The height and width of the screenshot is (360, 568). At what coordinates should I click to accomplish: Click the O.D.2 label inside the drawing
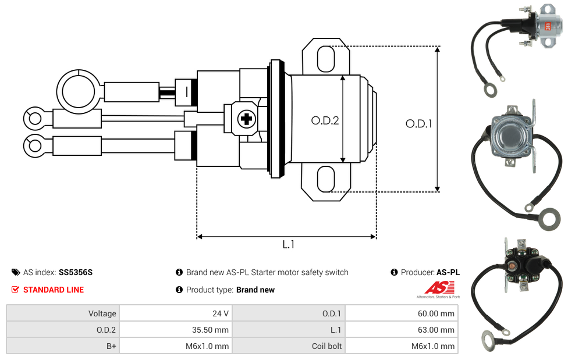[325, 120]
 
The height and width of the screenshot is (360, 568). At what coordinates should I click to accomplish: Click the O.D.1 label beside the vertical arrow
[419, 124]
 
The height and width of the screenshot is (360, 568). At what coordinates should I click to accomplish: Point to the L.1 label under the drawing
[288, 244]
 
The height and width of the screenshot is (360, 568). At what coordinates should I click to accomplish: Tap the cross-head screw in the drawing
[247, 119]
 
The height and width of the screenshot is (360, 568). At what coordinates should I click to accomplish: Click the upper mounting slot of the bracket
[326, 59]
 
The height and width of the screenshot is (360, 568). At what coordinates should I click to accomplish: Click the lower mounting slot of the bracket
[326, 179]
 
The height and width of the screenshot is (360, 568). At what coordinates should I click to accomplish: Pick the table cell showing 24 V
[176, 313]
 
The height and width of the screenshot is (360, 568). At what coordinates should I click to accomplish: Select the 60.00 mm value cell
[402, 313]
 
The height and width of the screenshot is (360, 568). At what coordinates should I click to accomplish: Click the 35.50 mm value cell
[176, 330]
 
